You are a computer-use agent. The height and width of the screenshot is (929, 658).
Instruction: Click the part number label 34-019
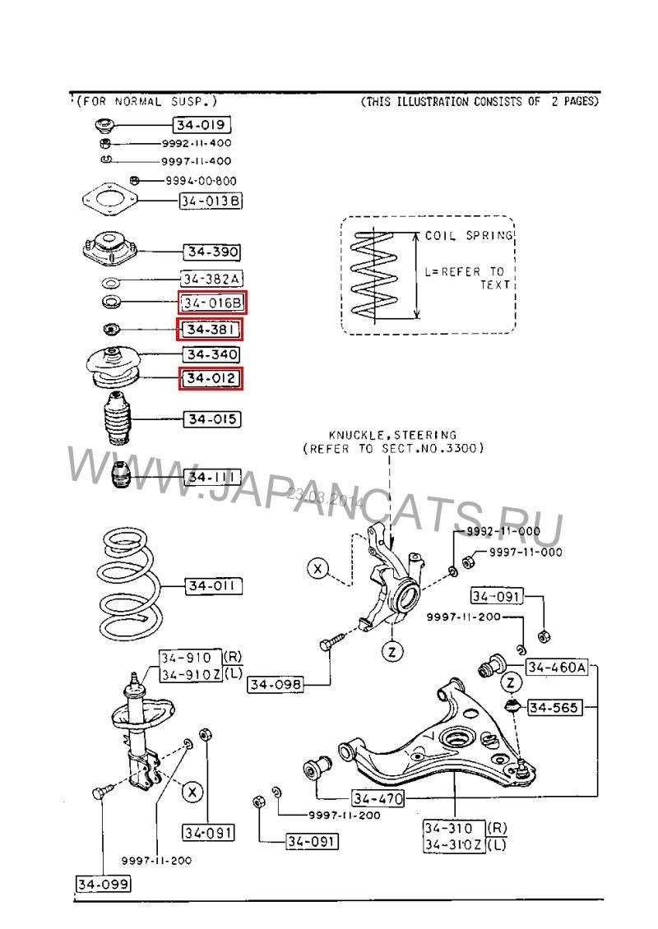coord(201,126)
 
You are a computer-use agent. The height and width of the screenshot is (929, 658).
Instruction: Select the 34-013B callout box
coord(211,201)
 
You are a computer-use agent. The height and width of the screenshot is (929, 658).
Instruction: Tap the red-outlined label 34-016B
coord(213,303)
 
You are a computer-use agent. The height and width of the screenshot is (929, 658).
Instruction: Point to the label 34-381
coord(211,330)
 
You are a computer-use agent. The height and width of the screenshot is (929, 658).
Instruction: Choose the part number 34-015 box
coord(211,419)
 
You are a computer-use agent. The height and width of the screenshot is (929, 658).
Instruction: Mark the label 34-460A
coord(556,668)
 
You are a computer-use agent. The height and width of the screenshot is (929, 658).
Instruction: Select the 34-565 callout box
coord(554,707)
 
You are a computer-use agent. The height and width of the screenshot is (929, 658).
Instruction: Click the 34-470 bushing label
coord(378,797)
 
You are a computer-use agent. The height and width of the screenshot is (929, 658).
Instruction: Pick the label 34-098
coord(275,684)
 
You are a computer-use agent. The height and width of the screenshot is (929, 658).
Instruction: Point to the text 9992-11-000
coord(503,532)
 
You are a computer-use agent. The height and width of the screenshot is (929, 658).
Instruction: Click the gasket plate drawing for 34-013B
coord(109,199)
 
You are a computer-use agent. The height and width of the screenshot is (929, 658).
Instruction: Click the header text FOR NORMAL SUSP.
coord(146,102)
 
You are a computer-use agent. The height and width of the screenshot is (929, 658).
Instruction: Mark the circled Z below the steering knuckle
coord(392,652)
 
